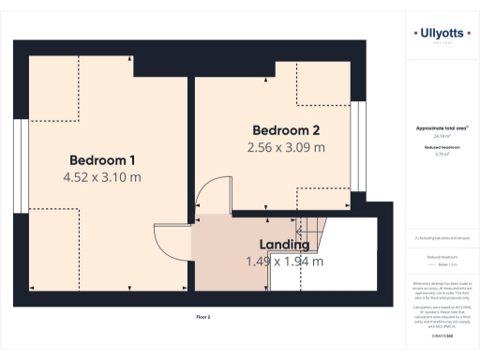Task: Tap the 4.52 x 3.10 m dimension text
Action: [101, 176]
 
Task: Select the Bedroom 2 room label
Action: [286, 129]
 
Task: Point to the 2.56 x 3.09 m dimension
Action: [286, 147]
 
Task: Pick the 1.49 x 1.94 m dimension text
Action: [277, 262]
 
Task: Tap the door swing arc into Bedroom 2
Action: [212, 191]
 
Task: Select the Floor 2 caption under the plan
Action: [202, 318]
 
